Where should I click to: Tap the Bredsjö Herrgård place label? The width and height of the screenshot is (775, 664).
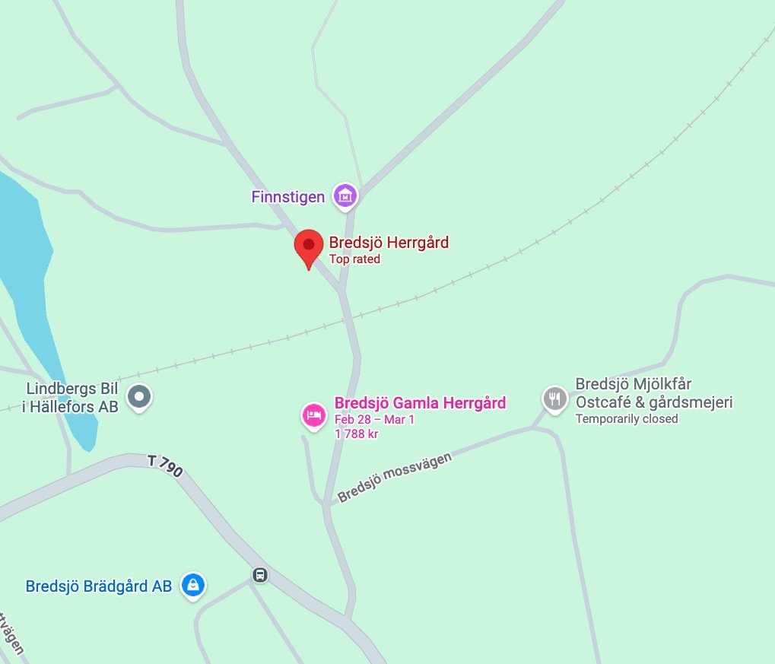[x=389, y=243]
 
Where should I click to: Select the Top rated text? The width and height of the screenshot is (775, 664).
[x=354, y=259]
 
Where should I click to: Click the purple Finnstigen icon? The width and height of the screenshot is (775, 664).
[x=346, y=195]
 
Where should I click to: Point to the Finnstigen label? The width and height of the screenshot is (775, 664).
[x=288, y=197]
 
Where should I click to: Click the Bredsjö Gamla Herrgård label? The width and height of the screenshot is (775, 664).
[x=420, y=403]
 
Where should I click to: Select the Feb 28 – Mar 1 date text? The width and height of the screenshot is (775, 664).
[x=375, y=420]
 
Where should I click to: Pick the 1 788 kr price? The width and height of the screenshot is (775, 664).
[x=357, y=434]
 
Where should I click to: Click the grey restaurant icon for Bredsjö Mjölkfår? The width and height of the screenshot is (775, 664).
[x=554, y=397]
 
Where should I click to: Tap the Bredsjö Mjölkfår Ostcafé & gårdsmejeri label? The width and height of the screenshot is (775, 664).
[x=653, y=393]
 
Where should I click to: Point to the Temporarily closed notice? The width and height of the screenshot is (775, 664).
[x=626, y=419]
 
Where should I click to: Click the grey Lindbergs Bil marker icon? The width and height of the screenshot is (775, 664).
[x=139, y=396]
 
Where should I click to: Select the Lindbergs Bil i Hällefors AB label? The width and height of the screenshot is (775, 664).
[x=70, y=398]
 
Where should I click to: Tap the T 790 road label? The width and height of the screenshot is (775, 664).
[x=165, y=465]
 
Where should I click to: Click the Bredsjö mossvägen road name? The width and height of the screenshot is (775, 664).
[x=389, y=478]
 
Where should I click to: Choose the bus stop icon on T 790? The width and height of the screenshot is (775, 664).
[x=260, y=574]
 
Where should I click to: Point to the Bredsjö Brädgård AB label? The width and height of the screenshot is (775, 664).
[x=98, y=586]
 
